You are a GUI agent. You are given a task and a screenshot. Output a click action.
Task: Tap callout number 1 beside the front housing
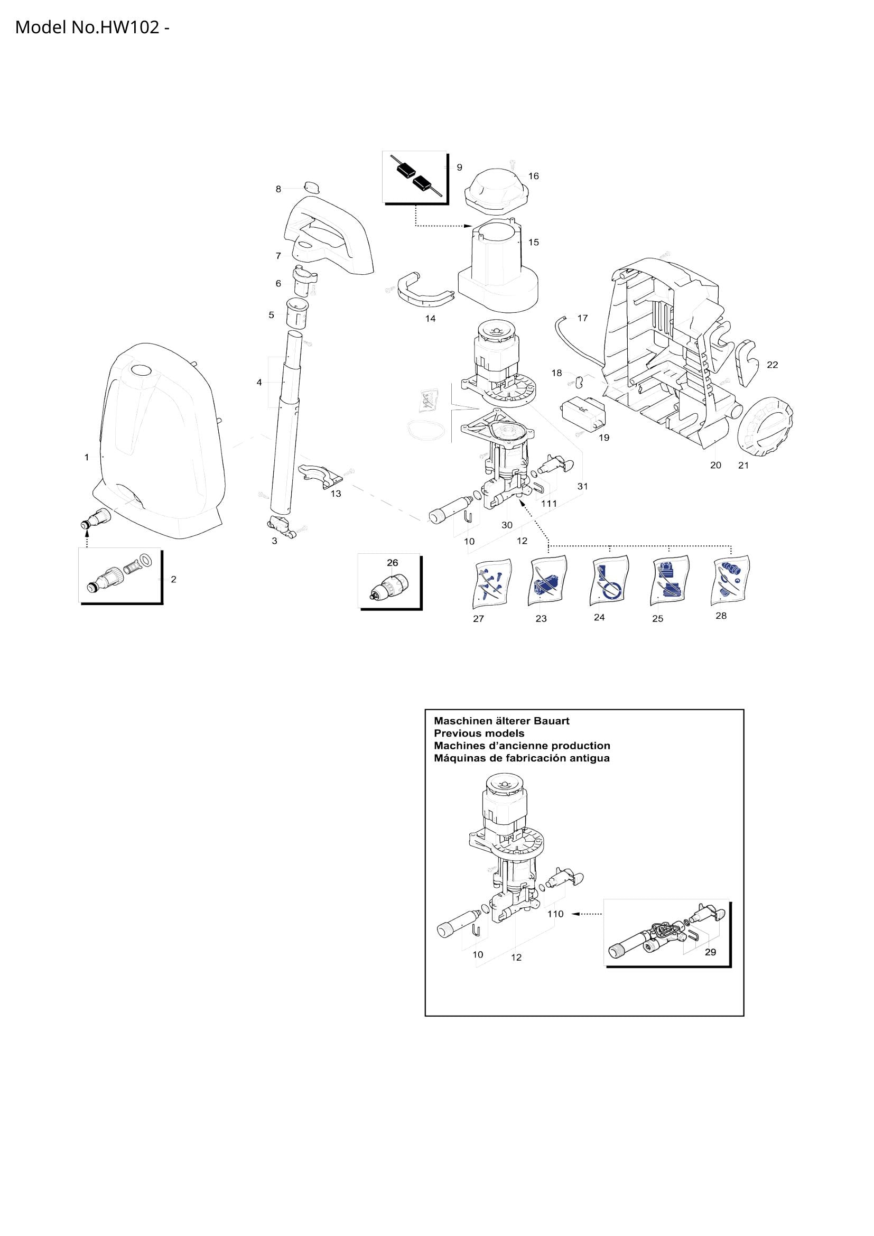87,458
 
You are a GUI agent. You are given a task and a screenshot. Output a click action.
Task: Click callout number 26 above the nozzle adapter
392,563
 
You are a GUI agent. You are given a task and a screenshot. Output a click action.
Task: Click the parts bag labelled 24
610,582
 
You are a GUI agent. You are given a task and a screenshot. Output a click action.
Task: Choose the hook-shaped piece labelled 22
746,363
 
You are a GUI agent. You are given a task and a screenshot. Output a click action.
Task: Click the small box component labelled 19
583,413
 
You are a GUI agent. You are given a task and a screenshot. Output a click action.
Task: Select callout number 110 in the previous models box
555,914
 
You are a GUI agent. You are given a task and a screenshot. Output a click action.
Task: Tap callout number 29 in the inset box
710,952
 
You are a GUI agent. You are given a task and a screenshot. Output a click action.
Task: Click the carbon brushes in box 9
415,178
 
